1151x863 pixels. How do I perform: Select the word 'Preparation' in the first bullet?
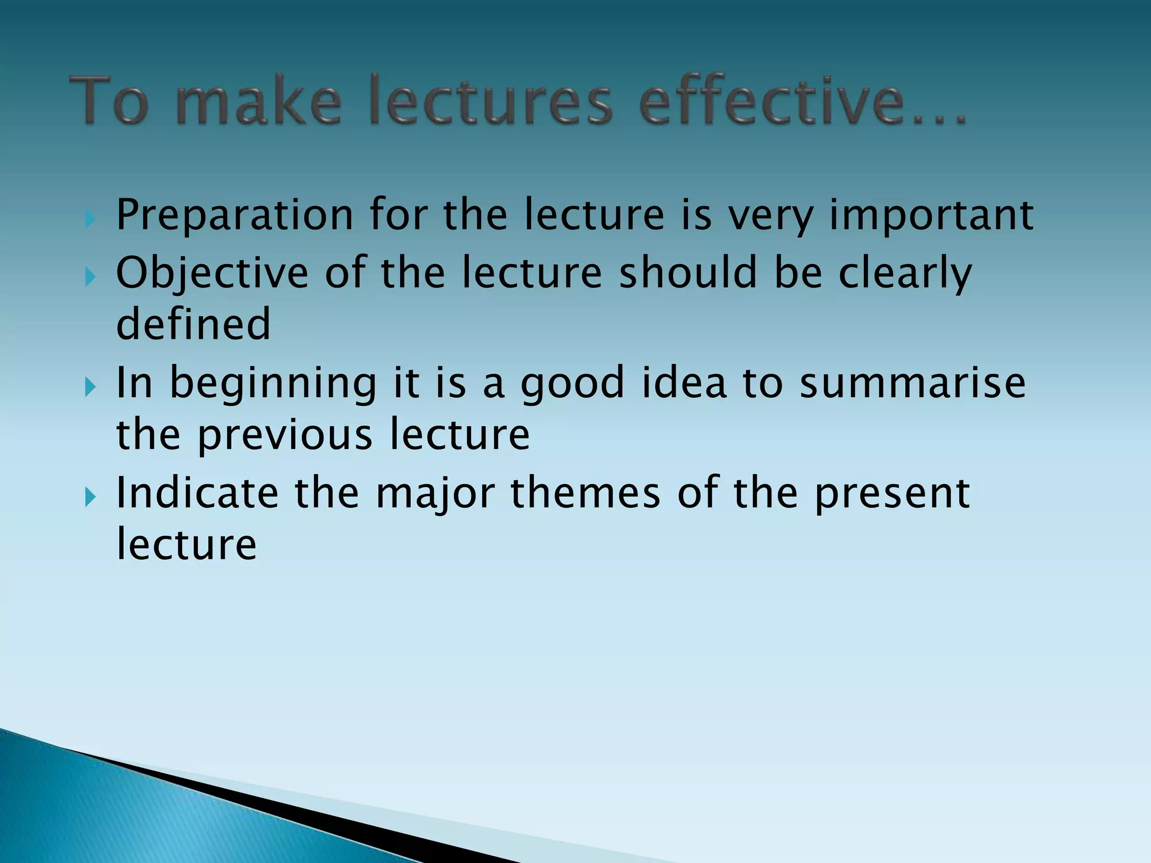[x=235, y=216]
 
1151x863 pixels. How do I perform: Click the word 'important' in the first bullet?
[x=932, y=216]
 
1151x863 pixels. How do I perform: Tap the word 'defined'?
[x=193, y=324]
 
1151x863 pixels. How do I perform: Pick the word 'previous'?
[x=284, y=434]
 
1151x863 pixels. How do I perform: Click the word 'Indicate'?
[x=197, y=493]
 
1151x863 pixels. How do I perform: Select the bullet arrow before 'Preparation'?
[x=90, y=219]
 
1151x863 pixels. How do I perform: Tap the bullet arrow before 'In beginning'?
[x=90, y=387]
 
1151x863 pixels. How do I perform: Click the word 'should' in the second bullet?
[x=688, y=273]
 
